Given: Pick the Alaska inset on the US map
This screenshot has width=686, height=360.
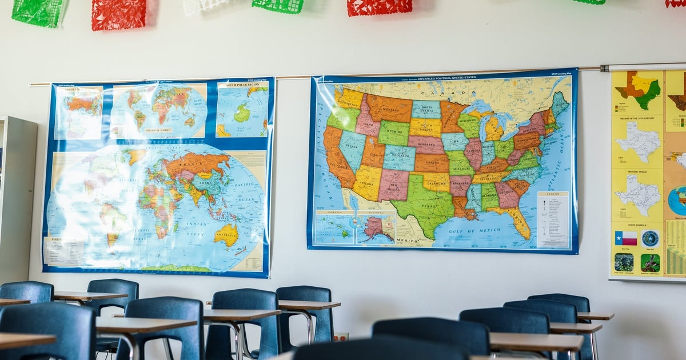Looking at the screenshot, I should pyautogui.click(x=376, y=228).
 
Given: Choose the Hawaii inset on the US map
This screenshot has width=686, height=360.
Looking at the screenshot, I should pyautogui.click(x=334, y=227).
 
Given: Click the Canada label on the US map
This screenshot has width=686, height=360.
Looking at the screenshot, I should pyautogui.click(x=441, y=93).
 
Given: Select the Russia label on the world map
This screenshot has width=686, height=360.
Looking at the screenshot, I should pyautogui.click(x=195, y=163).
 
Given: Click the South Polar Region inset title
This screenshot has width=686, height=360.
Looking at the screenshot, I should pyautogui.click(x=242, y=85).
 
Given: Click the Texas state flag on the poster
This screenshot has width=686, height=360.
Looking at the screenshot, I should pyautogui.click(x=626, y=238).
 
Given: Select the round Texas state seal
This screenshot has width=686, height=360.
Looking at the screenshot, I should pyautogui.click(x=650, y=238).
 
